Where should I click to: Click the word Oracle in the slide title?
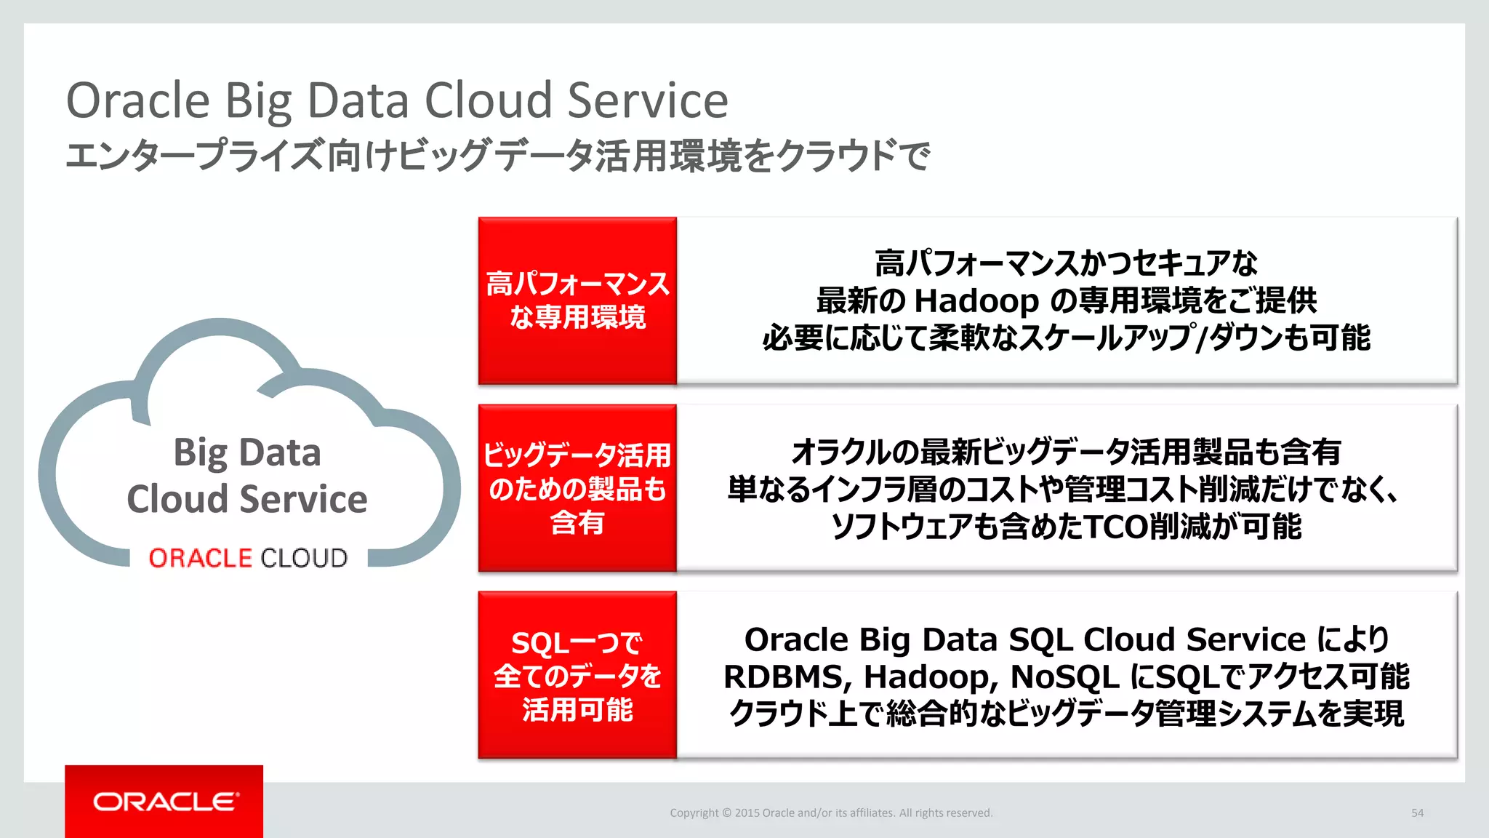(137, 100)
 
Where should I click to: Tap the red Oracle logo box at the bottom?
(164, 801)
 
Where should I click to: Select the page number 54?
(1417, 813)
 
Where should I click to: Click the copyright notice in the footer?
(830, 813)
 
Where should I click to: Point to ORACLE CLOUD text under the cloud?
(248, 558)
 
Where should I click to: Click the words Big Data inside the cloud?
(247, 452)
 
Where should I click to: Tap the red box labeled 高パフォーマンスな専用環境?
(577, 300)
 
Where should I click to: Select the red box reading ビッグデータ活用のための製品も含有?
(577, 488)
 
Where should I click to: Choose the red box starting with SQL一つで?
(577, 675)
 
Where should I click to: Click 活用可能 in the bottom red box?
(577, 710)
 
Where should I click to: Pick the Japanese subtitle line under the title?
(497, 156)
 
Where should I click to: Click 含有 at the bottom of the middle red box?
(577, 522)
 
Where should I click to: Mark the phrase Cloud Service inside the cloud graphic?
(247, 499)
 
